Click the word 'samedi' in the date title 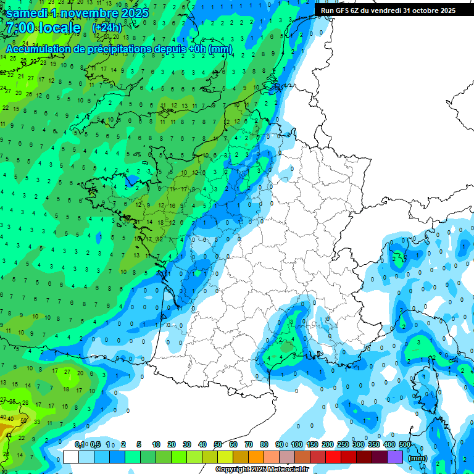click(25, 13)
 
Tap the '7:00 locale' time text click(43, 28)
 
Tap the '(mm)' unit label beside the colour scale click(418, 458)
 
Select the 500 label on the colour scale click(405, 444)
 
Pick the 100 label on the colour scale click(297, 444)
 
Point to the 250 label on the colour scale click(343, 444)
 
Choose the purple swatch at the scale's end click(395, 457)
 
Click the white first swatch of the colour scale click(71, 457)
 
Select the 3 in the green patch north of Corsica click(419, 342)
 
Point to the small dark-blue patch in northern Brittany click(131, 180)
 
